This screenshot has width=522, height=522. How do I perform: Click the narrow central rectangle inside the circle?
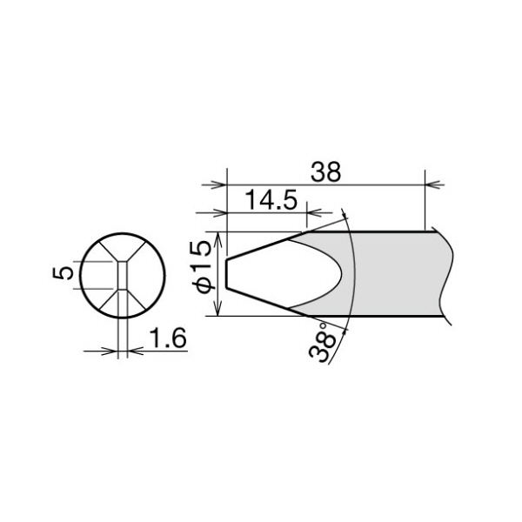click(x=122, y=276)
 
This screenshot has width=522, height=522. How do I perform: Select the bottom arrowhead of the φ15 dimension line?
click(x=218, y=311)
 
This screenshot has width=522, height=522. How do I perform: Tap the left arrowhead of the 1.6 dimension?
click(x=111, y=351)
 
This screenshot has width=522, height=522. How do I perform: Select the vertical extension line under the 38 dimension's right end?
click(x=426, y=204)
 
